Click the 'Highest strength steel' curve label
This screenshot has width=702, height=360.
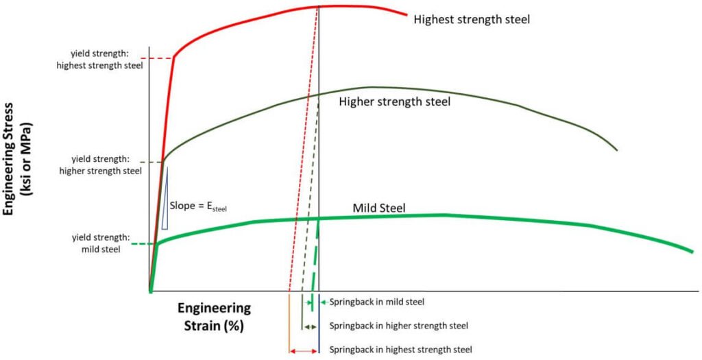(472, 19)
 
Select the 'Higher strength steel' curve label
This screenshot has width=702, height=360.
(395, 101)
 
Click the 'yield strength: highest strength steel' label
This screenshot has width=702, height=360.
(107, 60)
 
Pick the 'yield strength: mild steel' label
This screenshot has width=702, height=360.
(96, 243)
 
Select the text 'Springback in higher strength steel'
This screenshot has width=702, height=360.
(399, 326)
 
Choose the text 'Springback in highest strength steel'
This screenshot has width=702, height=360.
(401, 349)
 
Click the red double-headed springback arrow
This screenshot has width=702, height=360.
(303, 351)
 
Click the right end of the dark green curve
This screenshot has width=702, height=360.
(617, 149)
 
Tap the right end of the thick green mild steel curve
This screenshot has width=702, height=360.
(692, 252)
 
